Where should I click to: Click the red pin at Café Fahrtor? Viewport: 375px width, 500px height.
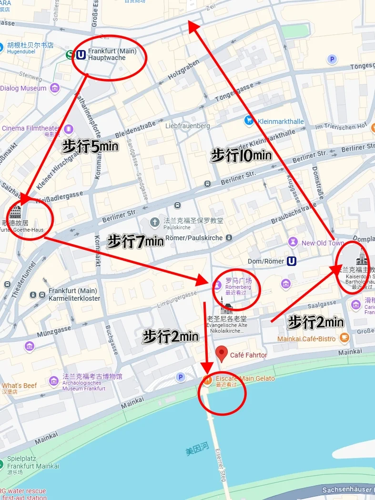[221, 354]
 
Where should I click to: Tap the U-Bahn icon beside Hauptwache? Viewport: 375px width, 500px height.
[81, 54]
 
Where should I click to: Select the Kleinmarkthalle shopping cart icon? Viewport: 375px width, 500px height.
[249, 121]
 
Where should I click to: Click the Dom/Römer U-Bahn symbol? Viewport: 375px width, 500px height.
[291, 261]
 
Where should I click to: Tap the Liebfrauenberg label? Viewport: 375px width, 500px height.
[187, 126]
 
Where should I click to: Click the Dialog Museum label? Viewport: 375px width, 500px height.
[23, 88]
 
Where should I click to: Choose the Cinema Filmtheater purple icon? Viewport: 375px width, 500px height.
[69, 129]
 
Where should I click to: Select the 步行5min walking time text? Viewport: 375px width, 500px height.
[90, 146]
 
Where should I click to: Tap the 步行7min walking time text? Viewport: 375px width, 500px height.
[135, 241]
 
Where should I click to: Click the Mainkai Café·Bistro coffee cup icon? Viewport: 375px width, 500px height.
[344, 338]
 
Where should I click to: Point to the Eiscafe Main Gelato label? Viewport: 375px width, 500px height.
[245, 378]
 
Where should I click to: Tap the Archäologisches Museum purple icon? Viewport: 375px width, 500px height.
[54, 380]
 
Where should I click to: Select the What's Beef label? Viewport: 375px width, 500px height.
[19, 386]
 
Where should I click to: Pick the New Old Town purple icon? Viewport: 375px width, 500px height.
[293, 243]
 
